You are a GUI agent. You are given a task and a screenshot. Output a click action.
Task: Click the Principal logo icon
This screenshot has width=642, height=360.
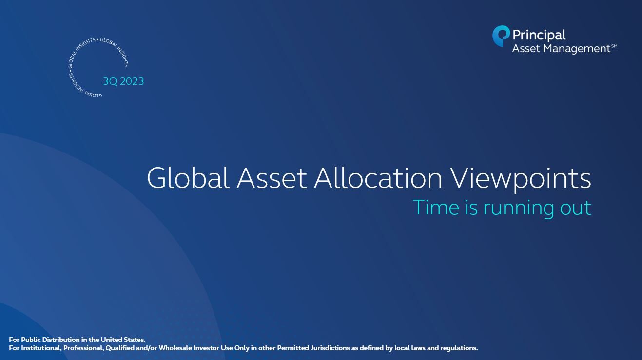click(x=501, y=36)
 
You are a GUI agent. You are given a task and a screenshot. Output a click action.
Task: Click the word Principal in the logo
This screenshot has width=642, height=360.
click(x=539, y=36)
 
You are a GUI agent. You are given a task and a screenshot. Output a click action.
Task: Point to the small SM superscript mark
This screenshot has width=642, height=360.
click(x=614, y=46)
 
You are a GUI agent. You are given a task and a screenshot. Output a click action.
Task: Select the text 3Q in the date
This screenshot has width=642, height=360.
click(x=110, y=81)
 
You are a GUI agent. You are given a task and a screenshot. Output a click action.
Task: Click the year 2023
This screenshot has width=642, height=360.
click(x=132, y=81)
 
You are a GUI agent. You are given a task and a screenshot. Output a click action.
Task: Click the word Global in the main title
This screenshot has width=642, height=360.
click(x=188, y=178)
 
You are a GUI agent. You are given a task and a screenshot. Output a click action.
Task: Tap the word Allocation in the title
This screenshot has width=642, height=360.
click(x=378, y=178)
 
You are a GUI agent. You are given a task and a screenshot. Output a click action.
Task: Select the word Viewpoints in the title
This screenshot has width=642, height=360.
click(x=520, y=179)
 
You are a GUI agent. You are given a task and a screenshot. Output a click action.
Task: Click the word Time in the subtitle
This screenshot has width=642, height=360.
click(x=436, y=208)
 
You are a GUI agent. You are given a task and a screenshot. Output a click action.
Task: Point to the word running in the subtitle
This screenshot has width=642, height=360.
click(x=519, y=209)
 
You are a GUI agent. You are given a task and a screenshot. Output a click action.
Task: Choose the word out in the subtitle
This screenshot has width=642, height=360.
click(x=576, y=208)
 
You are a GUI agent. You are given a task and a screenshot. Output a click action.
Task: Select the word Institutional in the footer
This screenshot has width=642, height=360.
click(x=40, y=348)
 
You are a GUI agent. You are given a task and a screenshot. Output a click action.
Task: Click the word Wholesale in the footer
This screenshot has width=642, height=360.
click(x=175, y=348)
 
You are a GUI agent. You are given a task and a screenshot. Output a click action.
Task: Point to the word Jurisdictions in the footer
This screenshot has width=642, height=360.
click(x=330, y=348)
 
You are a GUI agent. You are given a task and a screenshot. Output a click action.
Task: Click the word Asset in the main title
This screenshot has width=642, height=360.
click(x=272, y=178)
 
